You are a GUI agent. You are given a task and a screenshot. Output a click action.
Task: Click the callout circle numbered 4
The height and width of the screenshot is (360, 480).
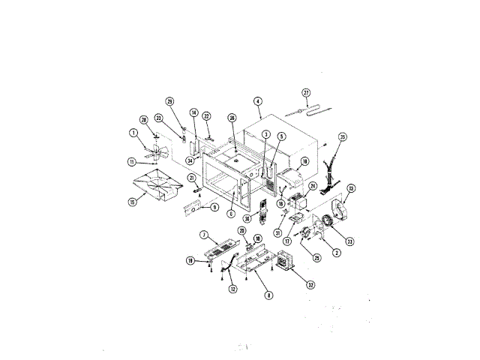[x=258, y=101]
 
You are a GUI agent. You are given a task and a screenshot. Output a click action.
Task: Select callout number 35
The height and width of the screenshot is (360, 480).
[x=342, y=137]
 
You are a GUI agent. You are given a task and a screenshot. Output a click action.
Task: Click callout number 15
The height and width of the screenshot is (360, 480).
[x=133, y=202]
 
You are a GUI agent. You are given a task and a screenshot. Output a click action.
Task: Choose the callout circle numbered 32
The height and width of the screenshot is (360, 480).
[x=310, y=284]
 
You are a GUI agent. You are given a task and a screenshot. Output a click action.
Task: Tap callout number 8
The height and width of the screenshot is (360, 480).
[x=268, y=295]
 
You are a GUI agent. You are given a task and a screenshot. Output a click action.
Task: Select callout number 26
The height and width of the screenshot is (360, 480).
[x=232, y=118]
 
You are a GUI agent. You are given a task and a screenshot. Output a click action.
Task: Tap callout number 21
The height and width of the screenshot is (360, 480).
[x=192, y=178]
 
